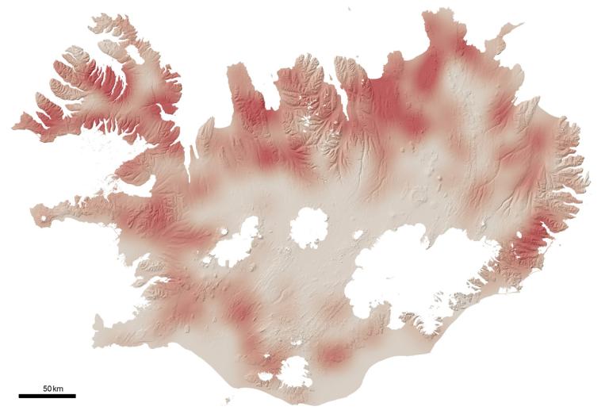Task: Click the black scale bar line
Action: tap(47, 395)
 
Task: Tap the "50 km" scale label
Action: tap(53, 387)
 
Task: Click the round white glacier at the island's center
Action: tap(309, 227)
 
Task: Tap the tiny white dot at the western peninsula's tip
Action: tap(40, 217)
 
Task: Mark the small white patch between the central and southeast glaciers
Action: tap(358, 236)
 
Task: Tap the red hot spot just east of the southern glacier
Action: tap(333, 355)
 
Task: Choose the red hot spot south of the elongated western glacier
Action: tap(238, 309)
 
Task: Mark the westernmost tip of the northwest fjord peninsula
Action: tap(15, 125)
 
